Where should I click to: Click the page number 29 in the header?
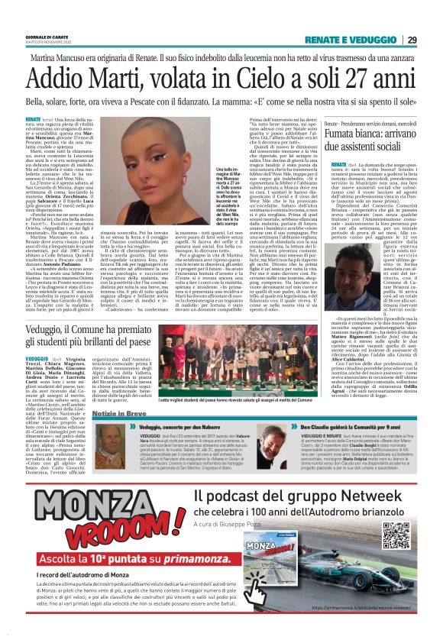[412, 40]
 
